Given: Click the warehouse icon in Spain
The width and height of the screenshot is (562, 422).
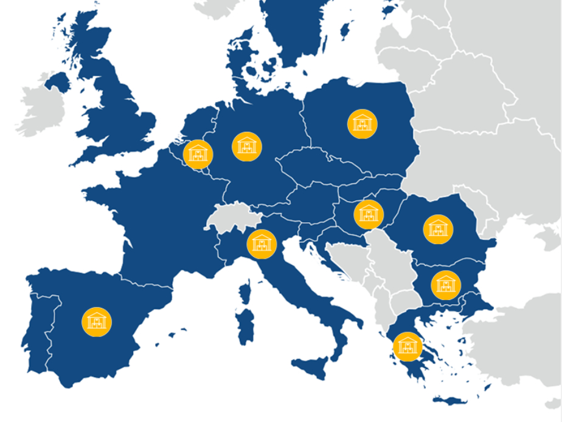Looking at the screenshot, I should pyautogui.click(x=96, y=321).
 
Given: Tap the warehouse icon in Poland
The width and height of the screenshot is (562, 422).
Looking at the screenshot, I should pyautogui.click(x=362, y=124).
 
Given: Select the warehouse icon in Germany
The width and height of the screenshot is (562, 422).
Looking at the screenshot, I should pyautogui.click(x=247, y=146).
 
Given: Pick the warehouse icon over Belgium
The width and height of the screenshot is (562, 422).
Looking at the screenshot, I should pyautogui.click(x=198, y=154).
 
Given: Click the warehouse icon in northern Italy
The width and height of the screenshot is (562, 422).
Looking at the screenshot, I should pyautogui.click(x=262, y=243).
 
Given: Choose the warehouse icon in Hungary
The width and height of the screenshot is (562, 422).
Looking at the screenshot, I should pyautogui.click(x=368, y=214).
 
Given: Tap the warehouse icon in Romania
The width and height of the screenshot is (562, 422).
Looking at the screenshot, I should pyautogui.click(x=438, y=229).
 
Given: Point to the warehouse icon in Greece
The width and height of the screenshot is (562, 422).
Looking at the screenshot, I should pyautogui.click(x=408, y=347).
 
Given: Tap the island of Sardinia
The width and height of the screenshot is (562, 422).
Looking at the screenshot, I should pyautogui.click(x=246, y=328).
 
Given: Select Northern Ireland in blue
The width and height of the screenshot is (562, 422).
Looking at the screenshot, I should pyautogui.click(x=58, y=81).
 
